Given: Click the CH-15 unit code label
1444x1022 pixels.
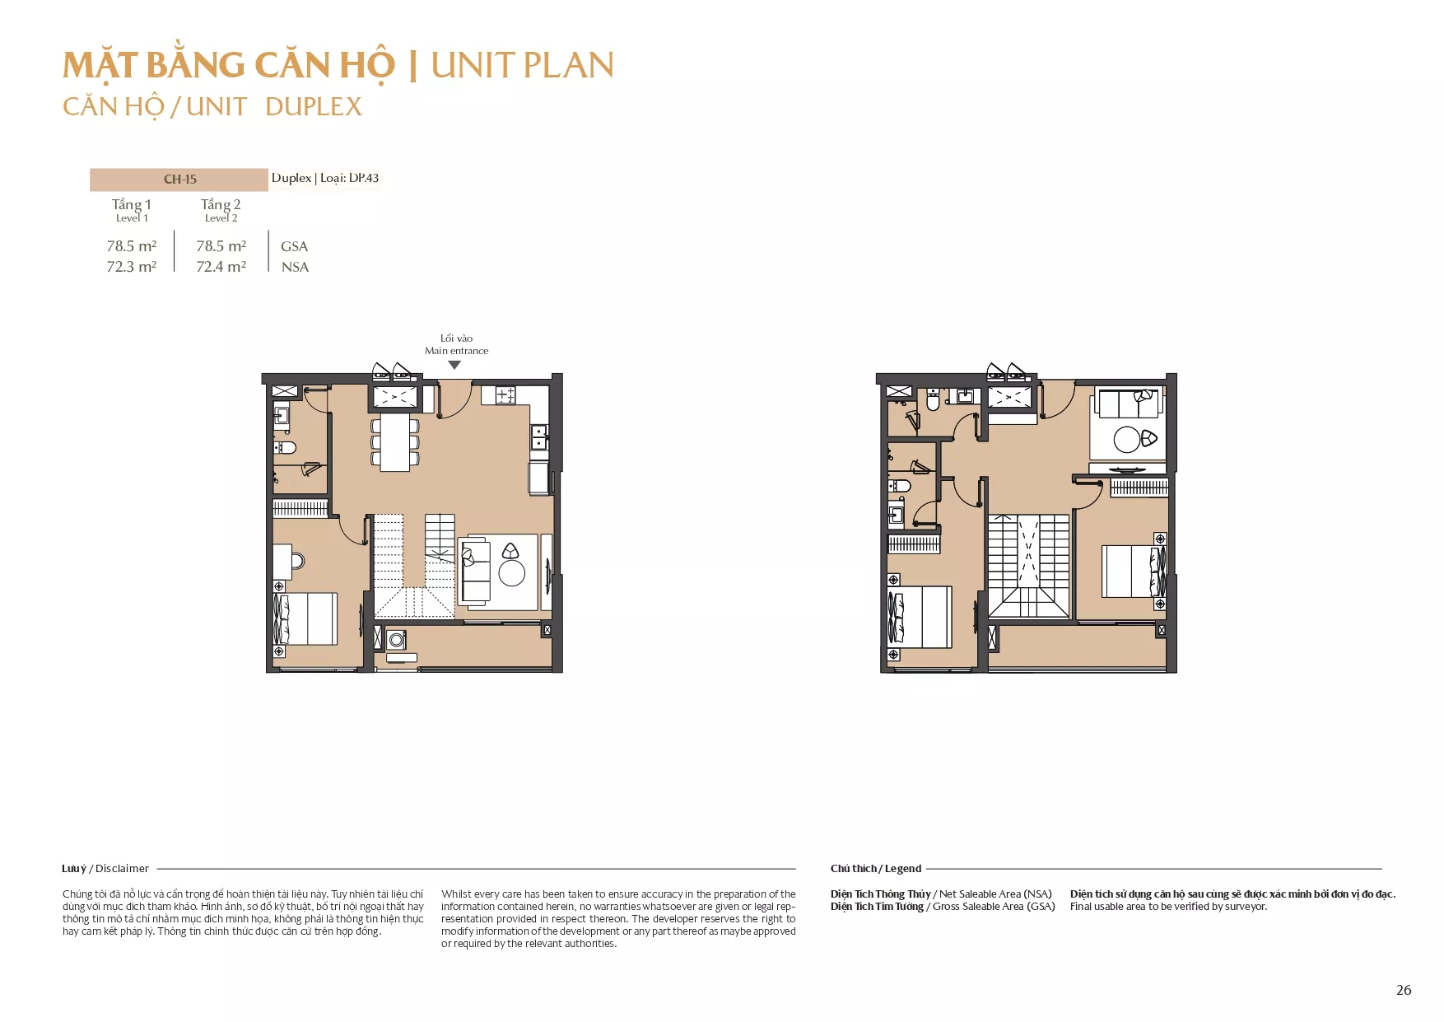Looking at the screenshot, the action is coord(179,179).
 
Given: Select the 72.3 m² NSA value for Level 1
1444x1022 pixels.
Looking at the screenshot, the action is coord(132,267).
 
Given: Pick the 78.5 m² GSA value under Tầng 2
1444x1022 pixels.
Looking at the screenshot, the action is coord(221,246).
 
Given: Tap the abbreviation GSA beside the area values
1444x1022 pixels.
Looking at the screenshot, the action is coord(294,246).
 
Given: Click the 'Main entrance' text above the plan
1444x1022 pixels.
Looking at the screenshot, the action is coord(456,351).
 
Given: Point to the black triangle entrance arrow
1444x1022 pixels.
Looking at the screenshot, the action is coord(454,365).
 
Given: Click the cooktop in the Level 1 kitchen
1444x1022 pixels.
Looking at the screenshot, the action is coord(505,395).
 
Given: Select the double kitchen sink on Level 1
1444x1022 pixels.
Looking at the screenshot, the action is coord(538,436).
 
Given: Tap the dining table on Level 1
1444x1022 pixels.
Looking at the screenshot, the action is coord(395,441).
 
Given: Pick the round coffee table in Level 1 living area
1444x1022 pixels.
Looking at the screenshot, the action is coord(511,573).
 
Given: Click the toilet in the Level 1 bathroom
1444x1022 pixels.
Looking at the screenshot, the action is coord(285,448).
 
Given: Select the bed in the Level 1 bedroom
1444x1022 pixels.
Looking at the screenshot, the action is coord(305,618).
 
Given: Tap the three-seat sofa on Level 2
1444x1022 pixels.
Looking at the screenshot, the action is coord(1127,404).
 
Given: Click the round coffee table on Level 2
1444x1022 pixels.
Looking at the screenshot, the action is coord(1127,440).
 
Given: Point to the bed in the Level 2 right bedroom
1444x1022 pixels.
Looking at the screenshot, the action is coord(1134,571).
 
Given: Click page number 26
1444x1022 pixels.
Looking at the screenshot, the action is coord(1404,990).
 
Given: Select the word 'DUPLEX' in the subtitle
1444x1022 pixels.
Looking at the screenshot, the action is coord(314,106).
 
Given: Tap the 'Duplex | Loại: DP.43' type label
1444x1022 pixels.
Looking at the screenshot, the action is coord(325,178).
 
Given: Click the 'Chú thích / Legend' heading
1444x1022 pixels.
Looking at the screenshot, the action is coord(876,868).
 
